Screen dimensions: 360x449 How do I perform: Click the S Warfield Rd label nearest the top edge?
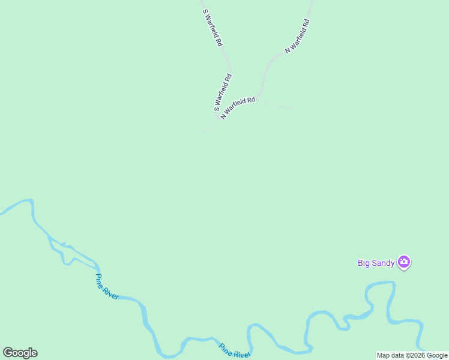pos(213,28)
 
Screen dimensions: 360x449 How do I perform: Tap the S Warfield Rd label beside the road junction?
pos(223,92)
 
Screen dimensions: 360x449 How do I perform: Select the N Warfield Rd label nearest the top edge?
pos(297,37)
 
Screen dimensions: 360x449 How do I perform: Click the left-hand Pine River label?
pos(107,286)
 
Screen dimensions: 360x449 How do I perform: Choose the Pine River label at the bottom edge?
pos(234,351)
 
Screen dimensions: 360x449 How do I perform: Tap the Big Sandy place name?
pos(376,262)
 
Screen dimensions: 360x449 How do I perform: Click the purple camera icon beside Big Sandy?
pos(404,262)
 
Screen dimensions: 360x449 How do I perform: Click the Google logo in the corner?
pos(20,353)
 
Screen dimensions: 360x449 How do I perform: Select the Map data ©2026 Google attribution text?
pos(412,355)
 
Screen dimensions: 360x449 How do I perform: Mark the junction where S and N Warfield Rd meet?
pos(220,118)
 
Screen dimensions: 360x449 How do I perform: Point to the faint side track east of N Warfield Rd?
pos(282,107)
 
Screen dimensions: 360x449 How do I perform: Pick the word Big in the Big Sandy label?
pos(364,262)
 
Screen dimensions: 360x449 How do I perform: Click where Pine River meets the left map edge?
pos(1,213)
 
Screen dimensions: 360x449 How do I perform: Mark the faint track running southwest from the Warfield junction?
pos(209,128)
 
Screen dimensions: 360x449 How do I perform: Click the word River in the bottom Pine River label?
pos(241,354)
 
